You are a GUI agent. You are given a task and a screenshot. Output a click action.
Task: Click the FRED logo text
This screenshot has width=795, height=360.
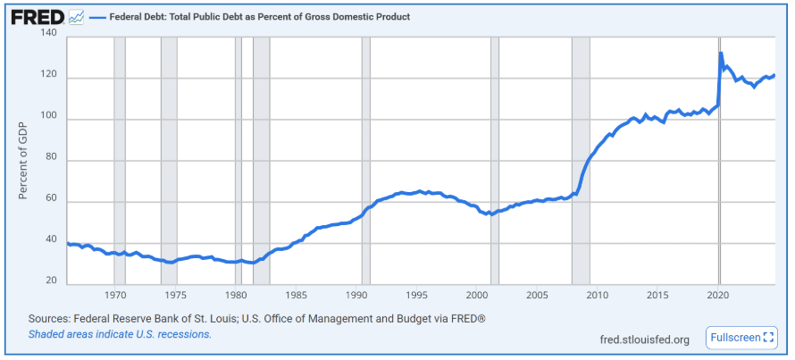36,17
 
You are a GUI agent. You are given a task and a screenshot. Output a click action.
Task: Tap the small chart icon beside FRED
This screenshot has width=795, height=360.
76,17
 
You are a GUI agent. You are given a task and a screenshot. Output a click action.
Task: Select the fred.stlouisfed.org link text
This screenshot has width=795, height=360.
645,339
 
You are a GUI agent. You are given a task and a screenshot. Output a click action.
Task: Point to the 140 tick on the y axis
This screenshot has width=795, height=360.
48,34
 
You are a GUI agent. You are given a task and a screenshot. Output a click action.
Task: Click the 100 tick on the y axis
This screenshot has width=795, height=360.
48,118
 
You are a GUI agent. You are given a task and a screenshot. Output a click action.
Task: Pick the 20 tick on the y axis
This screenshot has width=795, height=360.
52,280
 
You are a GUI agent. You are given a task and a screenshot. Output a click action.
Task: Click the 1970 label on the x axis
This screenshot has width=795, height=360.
115,295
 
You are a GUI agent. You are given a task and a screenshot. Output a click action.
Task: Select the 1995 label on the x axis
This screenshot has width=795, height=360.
416,295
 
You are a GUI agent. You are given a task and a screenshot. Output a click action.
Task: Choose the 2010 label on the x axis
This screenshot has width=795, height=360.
597,295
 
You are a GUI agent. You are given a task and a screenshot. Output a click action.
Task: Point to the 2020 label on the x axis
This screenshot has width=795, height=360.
717,295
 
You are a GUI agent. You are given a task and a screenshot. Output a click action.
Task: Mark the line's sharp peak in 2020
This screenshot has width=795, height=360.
721,54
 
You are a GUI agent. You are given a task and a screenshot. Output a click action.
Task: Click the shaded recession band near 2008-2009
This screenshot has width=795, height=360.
581,161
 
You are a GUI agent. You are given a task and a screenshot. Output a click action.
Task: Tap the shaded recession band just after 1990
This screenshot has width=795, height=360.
365,161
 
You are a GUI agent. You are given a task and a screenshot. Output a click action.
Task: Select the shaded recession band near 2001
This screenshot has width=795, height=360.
495,161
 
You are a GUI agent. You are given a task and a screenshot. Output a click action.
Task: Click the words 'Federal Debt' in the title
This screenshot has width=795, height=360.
142,17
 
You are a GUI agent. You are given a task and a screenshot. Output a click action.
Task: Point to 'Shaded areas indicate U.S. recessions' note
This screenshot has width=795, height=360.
120,334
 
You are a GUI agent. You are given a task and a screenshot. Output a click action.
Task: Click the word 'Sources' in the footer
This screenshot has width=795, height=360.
50,319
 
